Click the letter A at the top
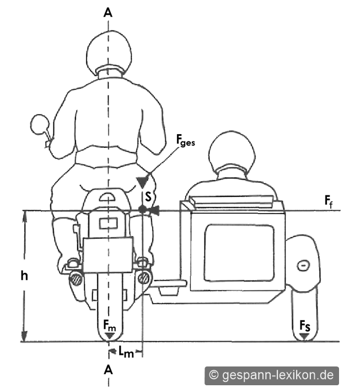tap(108, 13)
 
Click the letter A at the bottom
tap(108, 370)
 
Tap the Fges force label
tap(185, 140)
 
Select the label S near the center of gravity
tap(148, 196)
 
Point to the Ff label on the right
tap(329, 201)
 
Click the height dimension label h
tap(24, 275)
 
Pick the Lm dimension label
tap(126, 352)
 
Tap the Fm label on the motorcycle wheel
tap(109, 326)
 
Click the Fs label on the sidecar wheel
tap(305, 326)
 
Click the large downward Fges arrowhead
tap(142, 182)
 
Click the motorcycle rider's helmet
tap(109, 53)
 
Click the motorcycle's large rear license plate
tap(108, 255)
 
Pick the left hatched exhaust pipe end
tap(77, 279)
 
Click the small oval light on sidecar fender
tap(303, 266)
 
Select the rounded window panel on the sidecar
tap(239, 253)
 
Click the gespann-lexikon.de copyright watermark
tap(272, 375)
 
